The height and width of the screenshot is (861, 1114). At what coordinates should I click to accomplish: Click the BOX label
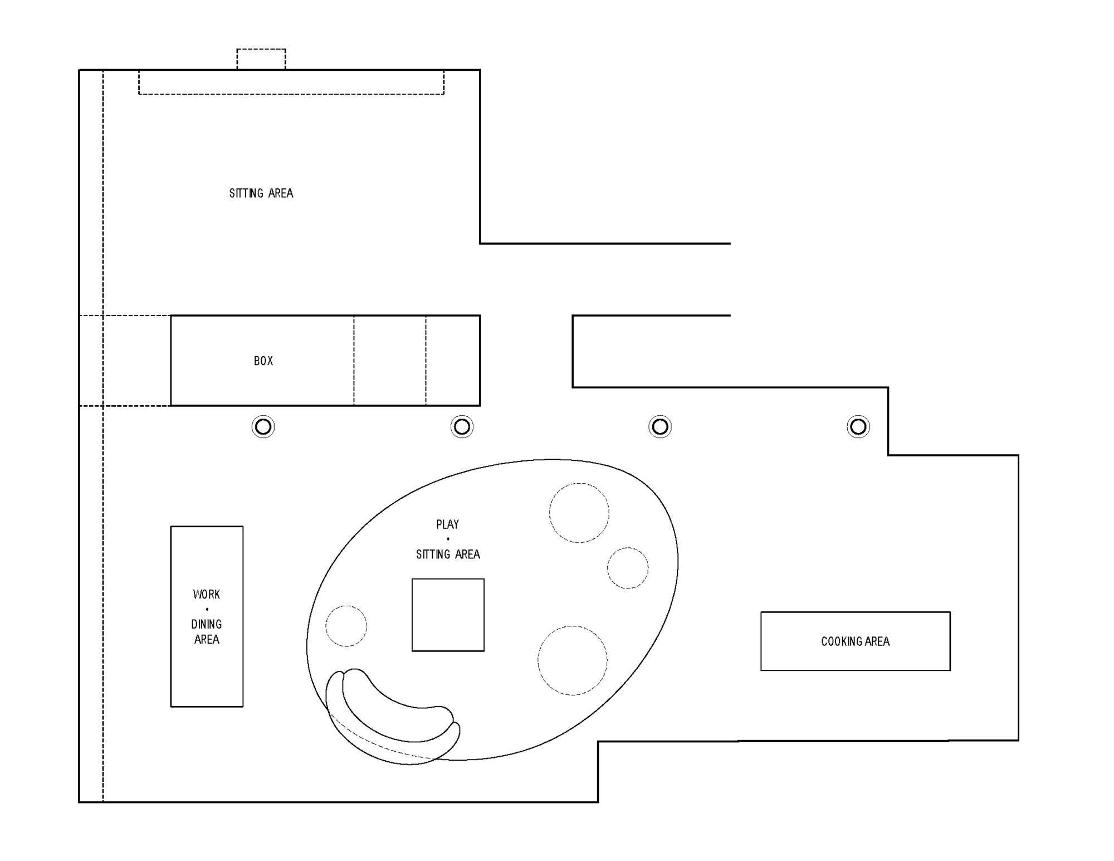coord(263,361)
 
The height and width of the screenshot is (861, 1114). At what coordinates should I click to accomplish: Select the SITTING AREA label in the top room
coord(261,193)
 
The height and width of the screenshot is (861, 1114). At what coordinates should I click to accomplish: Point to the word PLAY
coord(448,524)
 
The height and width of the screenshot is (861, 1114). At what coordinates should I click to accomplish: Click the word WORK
coord(207,595)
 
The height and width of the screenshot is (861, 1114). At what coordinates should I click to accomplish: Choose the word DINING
coord(207,624)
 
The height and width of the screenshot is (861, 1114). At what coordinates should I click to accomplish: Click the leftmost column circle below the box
coord(263,427)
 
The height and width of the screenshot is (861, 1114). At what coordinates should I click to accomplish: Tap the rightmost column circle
coord(858,427)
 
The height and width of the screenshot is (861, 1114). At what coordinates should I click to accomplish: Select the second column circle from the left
coord(462,427)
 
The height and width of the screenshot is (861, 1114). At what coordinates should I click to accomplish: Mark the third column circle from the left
coord(660,427)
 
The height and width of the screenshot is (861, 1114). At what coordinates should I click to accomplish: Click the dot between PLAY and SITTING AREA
coord(448,539)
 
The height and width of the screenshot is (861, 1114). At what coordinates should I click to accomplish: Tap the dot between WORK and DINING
coord(207,609)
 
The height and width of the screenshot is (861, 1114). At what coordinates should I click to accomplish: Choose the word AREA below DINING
coord(207,639)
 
